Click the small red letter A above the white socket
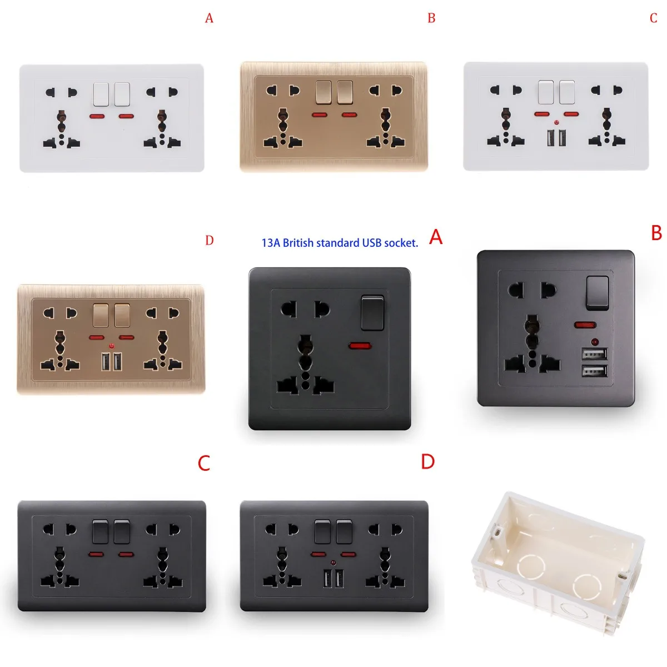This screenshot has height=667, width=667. (209, 18)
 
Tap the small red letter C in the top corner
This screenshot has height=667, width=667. (653, 18)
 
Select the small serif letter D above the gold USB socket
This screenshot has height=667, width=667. (209, 241)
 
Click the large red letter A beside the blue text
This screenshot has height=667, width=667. (436, 237)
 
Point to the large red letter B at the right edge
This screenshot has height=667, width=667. (656, 233)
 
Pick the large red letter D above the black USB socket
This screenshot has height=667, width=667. (427, 461)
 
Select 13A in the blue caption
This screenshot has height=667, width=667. (271, 243)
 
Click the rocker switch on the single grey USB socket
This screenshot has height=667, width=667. (596, 292)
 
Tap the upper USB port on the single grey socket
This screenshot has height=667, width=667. (594, 354)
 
